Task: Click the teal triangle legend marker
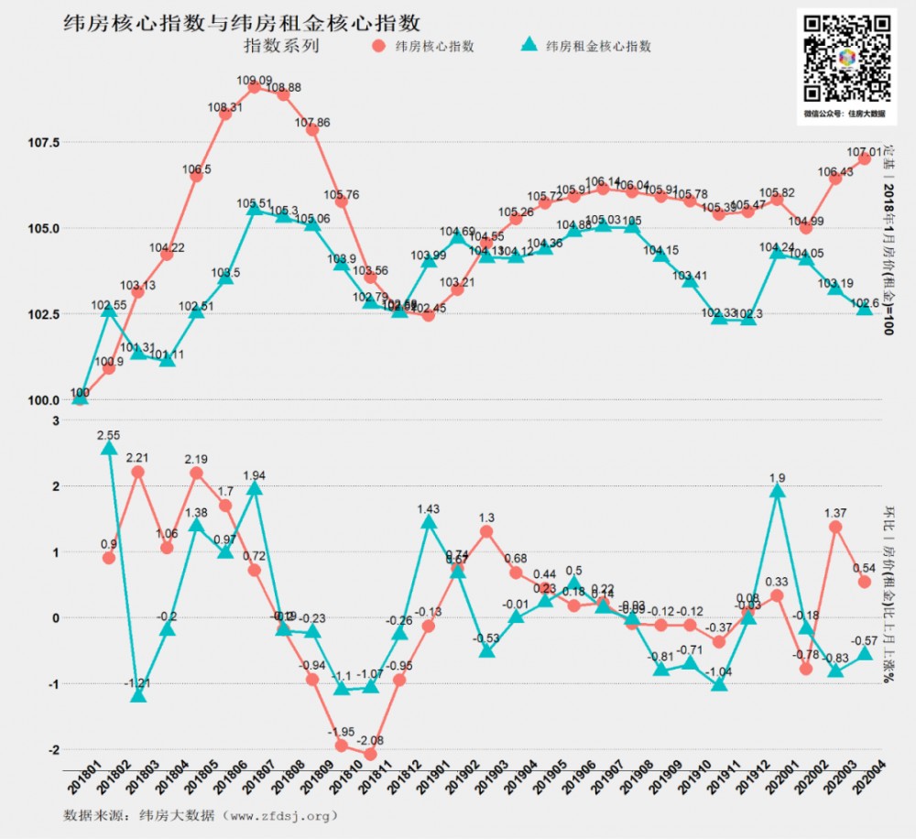pos(529,46)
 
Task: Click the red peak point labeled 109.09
pos(255,87)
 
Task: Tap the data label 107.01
pos(864,151)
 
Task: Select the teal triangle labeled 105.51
pos(255,210)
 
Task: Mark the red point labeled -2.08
pos(370,754)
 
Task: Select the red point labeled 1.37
pos(835,527)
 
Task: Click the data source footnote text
pos(201,814)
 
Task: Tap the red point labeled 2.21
pos(138,472)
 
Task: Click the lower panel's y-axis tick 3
pos(55,420)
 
